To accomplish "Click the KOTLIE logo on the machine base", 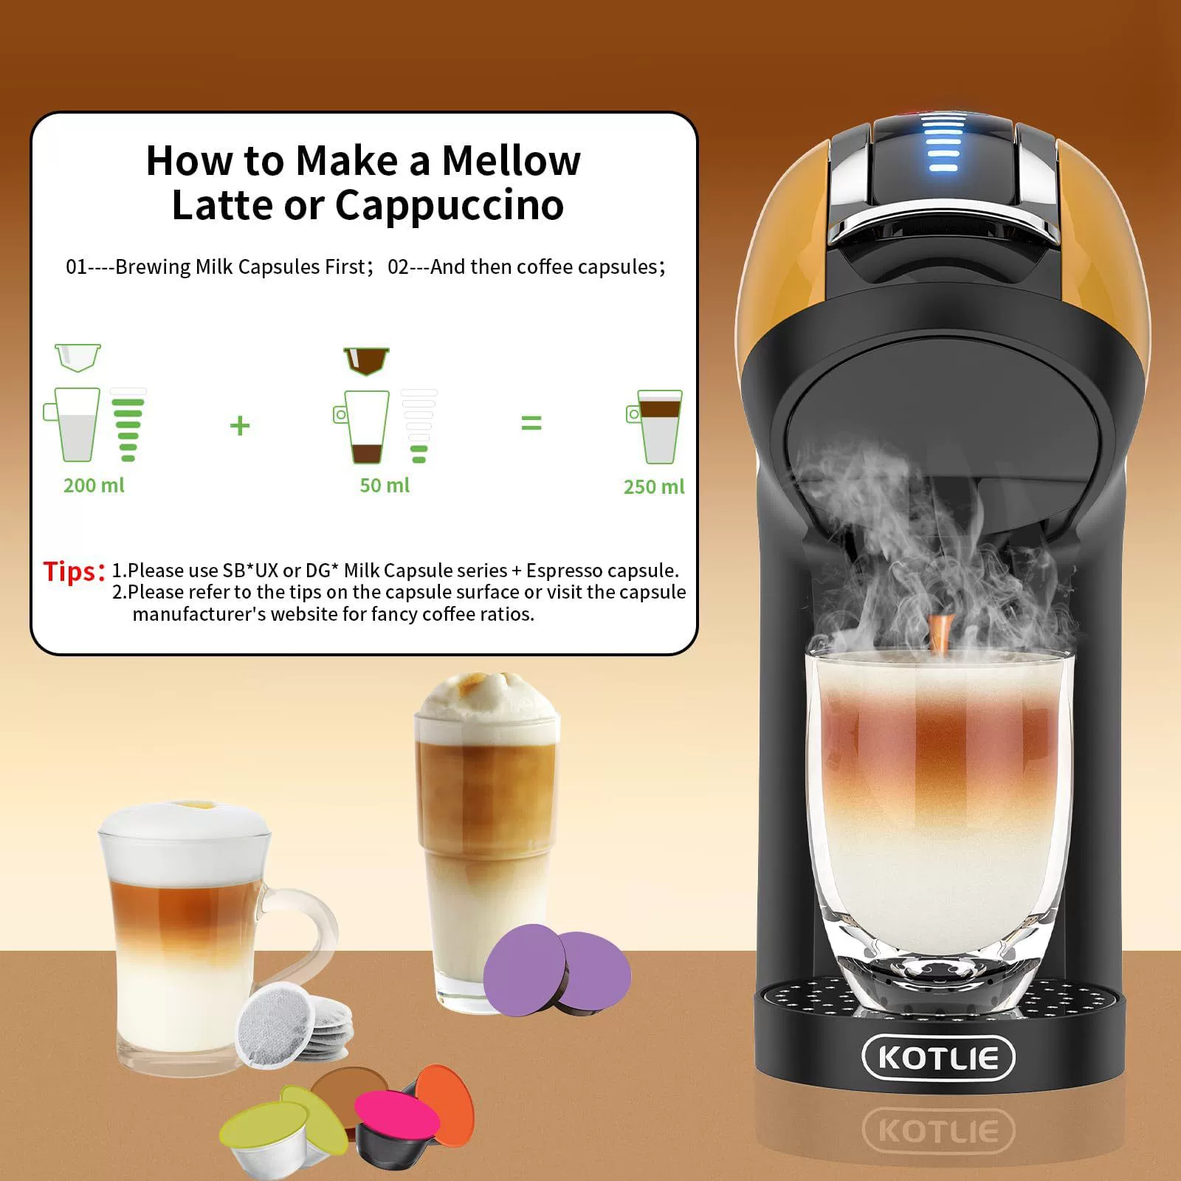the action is pyautogui.click(x=938, y=1057).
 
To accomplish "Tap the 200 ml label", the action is pyautogui.click(x=94, y=486).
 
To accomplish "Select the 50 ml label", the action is pyautogui.click(x=384, y=486).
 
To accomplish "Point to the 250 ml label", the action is pyautogui.click(x=654, y=487).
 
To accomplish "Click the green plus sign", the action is pyautogui.click(x=240, y=425).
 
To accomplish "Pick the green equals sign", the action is pyautogui.click(x=531, y=423).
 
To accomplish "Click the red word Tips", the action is pyautogui.click(x=71, y=571).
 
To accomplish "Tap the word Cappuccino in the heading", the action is pyautogui.click(x=450, y=206).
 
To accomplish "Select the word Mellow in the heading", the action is pyautogui.click(x=511, y=160).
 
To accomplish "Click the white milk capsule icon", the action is pyautogui.click(x=78, y=357).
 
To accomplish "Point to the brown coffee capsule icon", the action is pyautogui.click(x=366, y=360).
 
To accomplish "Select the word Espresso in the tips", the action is pyautogui.click(x=562, y=571).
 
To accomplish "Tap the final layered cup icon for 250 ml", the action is pyautogui.click(x=655, y=427).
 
